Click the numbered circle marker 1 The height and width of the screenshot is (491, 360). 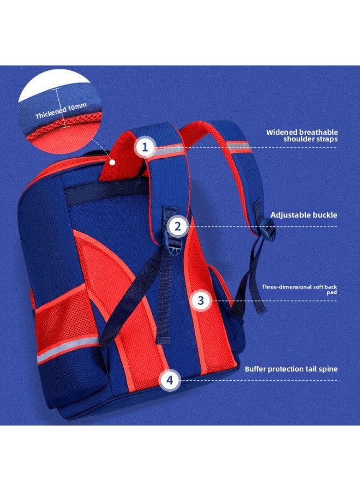click(145, 147)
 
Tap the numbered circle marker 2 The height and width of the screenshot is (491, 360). click(178, 226)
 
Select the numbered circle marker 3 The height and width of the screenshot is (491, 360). click(201, 301)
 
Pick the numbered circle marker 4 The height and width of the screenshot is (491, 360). click(170, 380)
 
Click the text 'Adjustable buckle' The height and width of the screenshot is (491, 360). click(304, 215)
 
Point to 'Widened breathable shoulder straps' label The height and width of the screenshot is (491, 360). click(302, 136)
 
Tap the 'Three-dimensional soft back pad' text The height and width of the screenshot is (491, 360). click(299, 289)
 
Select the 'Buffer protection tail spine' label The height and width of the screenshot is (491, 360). click(291, 369)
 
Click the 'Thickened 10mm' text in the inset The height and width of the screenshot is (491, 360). click(61, 111)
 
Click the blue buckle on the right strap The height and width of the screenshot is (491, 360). click(268, 230)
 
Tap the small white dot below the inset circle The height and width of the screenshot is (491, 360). click(112, 162)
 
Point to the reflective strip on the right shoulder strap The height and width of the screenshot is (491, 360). click(238, 147)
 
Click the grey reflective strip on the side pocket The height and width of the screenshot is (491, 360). click(68, 350)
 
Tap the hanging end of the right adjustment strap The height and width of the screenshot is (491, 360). click(261, 309)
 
